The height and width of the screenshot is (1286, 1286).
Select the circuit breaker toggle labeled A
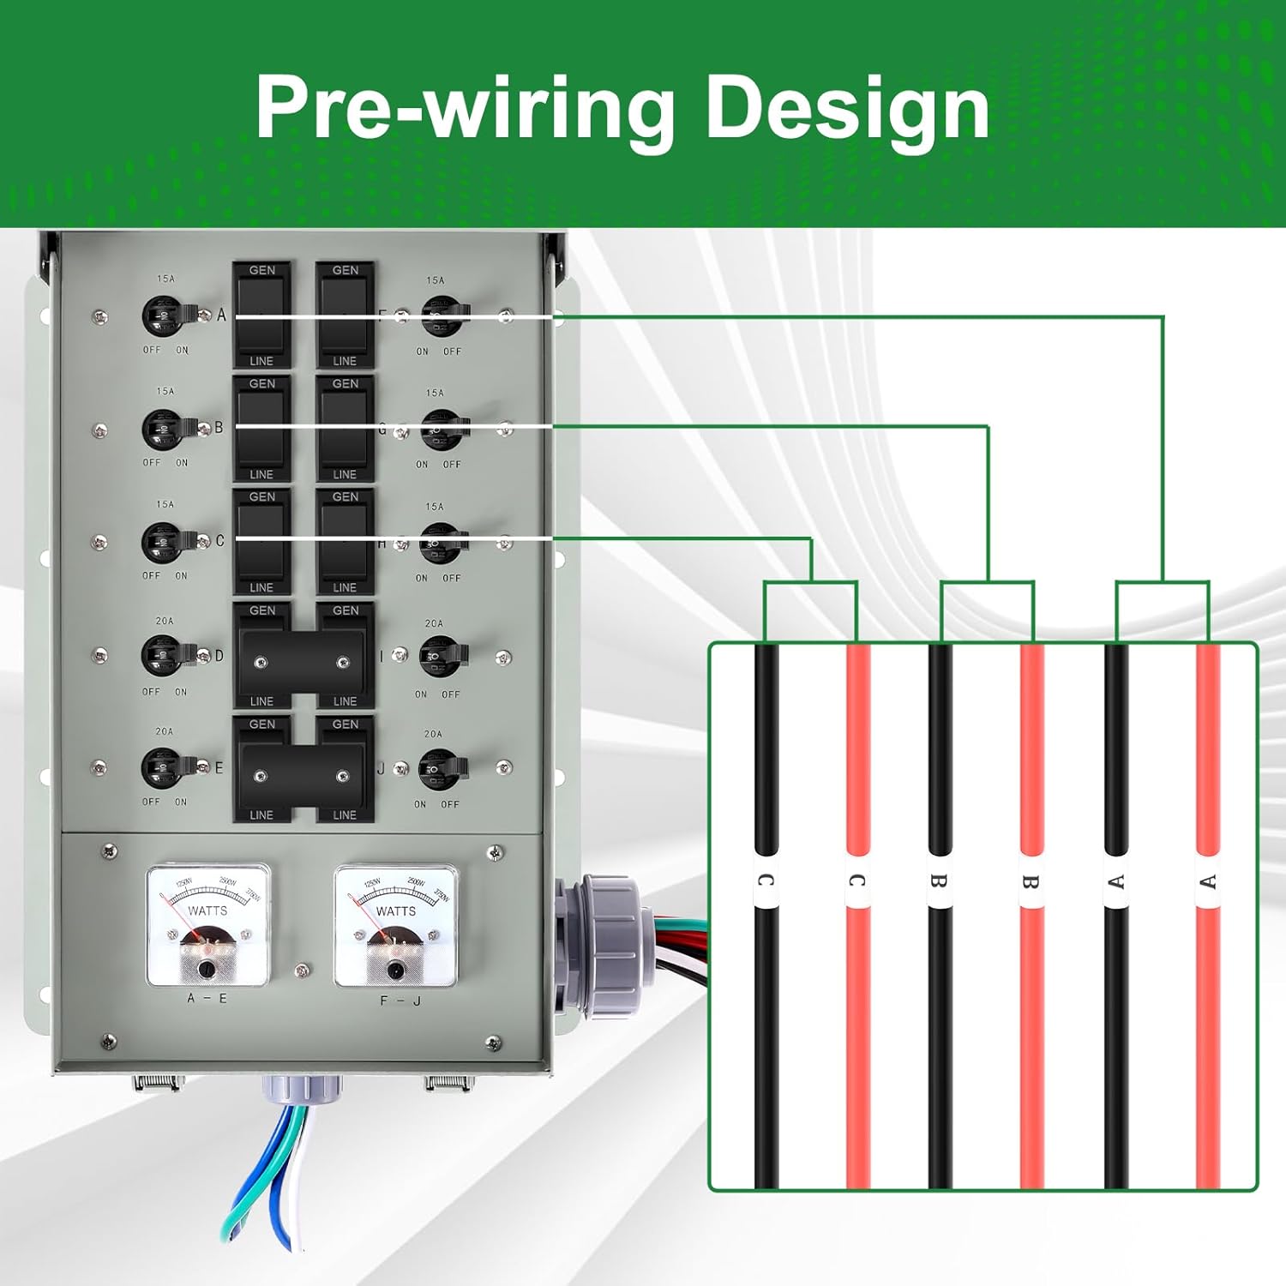point(165,316)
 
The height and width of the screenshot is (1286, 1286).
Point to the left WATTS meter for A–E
point(208,926)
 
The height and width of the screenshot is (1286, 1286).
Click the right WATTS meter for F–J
point(395,926)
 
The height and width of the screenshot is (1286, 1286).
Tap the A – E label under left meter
point(207,999)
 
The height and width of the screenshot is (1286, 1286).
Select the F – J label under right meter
point(400,1001)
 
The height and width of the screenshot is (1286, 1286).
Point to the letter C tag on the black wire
point(766,881)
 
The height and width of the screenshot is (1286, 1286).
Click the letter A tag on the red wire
point(1208,881)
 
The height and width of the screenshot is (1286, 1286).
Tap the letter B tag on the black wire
point(940,881)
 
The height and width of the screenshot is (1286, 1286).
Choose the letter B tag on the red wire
point(1031,881)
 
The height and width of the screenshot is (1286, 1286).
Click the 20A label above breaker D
point(165,621)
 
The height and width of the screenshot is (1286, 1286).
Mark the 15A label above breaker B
point(165,391)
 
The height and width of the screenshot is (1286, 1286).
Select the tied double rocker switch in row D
point(302,660)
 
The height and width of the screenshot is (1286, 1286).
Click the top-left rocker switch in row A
point(261,315)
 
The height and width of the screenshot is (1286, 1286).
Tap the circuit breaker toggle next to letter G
point(442,429)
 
